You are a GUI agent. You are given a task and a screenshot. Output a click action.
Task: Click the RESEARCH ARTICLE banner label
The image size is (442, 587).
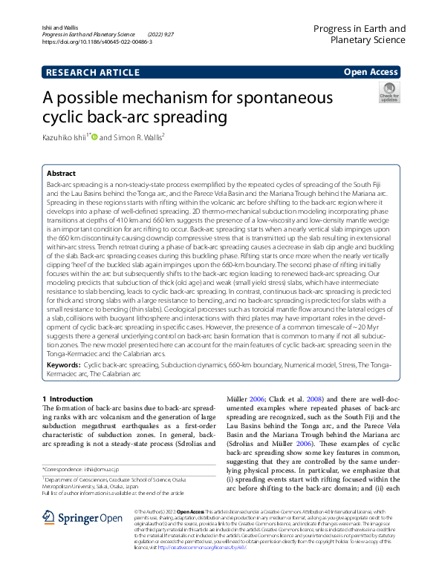92,72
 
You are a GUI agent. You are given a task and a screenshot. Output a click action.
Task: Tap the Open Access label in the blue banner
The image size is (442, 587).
371,72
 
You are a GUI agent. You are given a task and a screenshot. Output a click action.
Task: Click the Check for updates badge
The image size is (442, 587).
389,94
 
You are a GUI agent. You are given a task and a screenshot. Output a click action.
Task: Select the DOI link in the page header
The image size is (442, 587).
97,43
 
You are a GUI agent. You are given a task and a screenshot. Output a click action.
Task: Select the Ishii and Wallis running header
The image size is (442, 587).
59,27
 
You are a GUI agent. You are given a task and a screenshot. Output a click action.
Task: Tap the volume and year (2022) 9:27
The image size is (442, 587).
161,35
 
